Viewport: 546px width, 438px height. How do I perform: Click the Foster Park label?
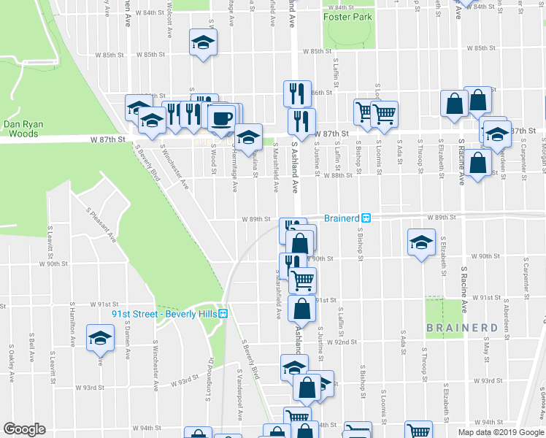pos(350,17)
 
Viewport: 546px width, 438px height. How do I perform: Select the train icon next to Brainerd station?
pos(368,218)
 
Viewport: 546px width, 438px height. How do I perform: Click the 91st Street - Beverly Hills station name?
pos(164,314)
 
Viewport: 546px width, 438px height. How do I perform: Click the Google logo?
pos(24,429)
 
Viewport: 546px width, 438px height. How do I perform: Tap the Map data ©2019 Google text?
pos(501,432)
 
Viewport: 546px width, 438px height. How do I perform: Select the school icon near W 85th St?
pos(204,42)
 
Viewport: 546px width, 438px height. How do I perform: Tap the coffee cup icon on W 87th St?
pos(222,117)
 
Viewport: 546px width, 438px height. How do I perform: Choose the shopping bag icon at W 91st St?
pos(301,308)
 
